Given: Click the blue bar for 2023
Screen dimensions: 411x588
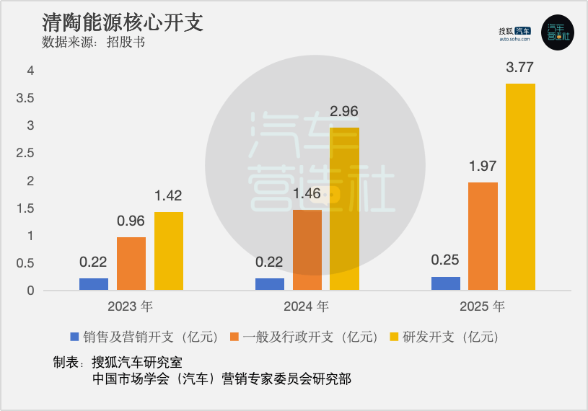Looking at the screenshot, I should pyautogui.click(x=94, y=284).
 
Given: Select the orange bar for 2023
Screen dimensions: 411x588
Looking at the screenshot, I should pyautogui.click(x=131, y=264).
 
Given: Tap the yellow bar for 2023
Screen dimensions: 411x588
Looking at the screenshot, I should pyautogui.click(x=169, y=251).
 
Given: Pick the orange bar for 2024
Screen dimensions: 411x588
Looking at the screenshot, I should pyautogui.click(x=307, y=250).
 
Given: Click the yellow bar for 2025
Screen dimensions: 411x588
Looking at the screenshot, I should pyautogui.click(x=520, y=187).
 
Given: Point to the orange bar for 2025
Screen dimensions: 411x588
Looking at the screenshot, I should pyautogui.click(x=483, y=237).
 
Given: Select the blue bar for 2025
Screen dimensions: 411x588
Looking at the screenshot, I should pyautogui.click(x=446, y=283).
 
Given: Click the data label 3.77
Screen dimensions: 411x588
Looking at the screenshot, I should pyautogui.click(x=520, y=68).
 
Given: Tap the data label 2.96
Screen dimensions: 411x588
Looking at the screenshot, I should pyautogui.click(x=344, y=112).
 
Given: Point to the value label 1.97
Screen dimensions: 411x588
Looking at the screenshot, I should pyautogui.click(x=483, y=167).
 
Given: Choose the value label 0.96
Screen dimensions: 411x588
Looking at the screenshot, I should pyautogui.click(x=131, y=222).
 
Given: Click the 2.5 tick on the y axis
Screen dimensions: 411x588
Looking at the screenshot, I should pyautogui.click(x=26, y=153).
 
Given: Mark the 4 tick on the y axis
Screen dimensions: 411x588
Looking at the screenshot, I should pyautogui.click(x=30, y=71).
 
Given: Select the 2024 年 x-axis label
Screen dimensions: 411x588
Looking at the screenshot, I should pyautogui.click(x=307, y=306).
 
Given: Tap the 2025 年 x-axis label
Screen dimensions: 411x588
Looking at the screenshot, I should pyautogui.click(x=483, y=306).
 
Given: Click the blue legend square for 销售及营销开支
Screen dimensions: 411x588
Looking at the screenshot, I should pyautogui.click(x=74, y=337).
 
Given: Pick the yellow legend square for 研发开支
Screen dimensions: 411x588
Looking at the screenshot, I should pyautogui.click(x=394, y=337).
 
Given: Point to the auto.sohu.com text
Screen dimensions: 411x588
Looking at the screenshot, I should pyautogui.click(x=514, y=40).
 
